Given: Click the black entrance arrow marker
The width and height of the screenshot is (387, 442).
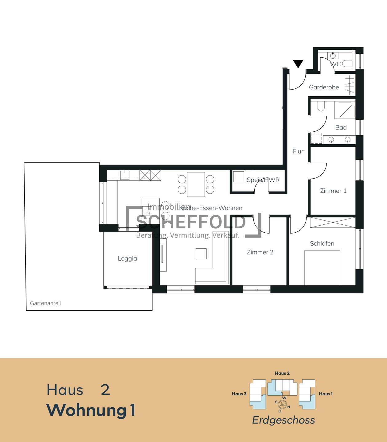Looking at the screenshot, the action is [298, 64].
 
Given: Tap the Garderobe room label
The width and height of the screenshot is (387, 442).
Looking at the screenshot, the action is [324, 87].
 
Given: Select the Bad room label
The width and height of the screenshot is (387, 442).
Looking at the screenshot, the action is [341, 127].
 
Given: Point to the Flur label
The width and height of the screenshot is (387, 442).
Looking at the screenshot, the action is [298, 151].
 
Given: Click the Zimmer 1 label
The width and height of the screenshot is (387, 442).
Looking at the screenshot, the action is [333, 191].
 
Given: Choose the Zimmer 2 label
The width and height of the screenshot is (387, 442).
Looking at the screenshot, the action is [260, 252].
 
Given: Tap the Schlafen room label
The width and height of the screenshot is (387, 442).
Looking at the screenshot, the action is [322, 243].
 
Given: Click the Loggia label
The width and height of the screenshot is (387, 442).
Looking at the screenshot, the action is [127, 258].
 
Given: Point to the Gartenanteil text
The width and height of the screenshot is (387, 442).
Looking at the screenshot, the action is [45, 303].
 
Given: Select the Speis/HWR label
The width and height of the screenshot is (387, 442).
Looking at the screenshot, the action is [263, 180].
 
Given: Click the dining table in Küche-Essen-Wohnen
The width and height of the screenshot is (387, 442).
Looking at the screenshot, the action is [196, 184].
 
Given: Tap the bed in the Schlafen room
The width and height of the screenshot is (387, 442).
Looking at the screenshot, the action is [322, 268].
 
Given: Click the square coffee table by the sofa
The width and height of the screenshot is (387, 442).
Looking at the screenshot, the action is [201, 254].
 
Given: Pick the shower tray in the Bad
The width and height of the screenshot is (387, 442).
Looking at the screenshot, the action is [345, 110].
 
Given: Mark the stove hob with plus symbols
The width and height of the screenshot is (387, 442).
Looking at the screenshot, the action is [147, 211].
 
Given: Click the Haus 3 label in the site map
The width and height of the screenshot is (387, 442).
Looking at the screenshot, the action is [239, 394].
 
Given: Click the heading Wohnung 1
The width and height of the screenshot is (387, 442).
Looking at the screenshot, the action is [91, 410].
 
